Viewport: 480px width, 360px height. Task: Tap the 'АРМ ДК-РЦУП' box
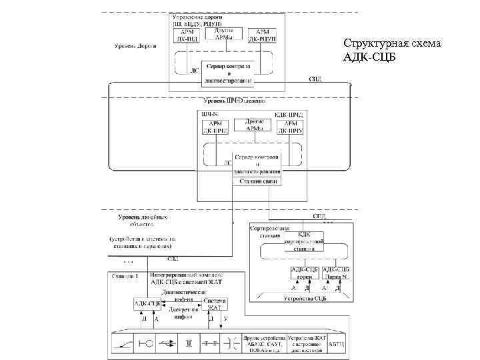(263, 36)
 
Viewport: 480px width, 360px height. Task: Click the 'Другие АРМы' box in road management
(224, 34)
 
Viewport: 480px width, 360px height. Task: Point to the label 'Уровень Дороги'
(134, 47)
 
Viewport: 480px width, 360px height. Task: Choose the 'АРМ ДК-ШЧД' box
(216, 127)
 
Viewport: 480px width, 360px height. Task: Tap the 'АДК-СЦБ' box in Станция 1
(147, 304)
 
